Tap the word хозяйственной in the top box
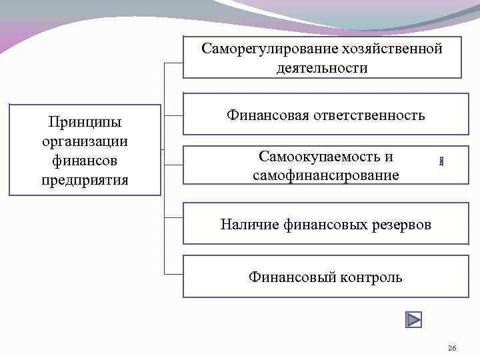click(x=391, y=49)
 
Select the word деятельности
click(x=322, y=69)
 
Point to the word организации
click(x=85, y=142)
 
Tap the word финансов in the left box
click(x=85, y=161)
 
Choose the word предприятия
click(x=85, y=181)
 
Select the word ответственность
click(x=369, y=115)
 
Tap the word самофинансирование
click(x=326, y=176)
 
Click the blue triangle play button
click(x=413, y=319)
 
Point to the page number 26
click(x=452, y=349)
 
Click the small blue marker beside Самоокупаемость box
click(x=441, y=161)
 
